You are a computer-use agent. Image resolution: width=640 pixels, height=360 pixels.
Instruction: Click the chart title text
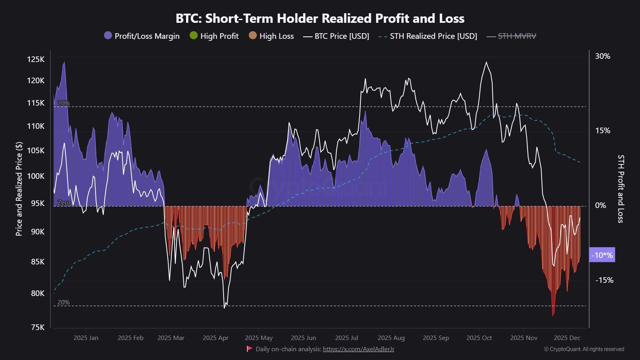pyautogui.click(x=320, y=18)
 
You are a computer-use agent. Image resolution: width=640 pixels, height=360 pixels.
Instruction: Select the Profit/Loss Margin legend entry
pyautogui.click(x=142, y=36)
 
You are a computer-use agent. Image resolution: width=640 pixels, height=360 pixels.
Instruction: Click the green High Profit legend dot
pyautogui.click(x=194, y=36)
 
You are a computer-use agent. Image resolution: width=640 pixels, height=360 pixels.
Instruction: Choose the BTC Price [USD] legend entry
pyautogui.click(x=336, y=36)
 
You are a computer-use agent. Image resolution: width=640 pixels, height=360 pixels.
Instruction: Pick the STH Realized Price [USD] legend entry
pyautogui.click(x=428, y=36)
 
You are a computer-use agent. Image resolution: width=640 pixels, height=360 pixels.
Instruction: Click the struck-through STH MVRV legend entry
pyautogui.click(x=512, y=36)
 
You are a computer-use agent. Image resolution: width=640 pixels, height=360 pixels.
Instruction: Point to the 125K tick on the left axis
pyautogui.click(x=36, y=59)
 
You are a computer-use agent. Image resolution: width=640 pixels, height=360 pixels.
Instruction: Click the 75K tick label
pyautogui.click(x=38, y=327)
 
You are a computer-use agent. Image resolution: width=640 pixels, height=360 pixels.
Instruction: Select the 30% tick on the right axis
pyautogui.click(x=602, y=56)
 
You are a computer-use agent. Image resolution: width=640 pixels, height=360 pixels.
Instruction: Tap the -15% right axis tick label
pyautogui.click(x=604, y=280)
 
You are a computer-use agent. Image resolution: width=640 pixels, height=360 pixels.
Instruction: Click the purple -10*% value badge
pyautogui.click(x=602, y=255)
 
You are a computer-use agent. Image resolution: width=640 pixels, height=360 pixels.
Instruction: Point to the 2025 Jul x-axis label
pyautogui.click(x=346, y=338)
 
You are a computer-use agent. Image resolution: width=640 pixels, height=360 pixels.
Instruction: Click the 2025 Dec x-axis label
pyautogui.click(x=567, y=338)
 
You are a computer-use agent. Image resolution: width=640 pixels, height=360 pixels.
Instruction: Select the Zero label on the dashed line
pyautogui.click(x=64, y=203)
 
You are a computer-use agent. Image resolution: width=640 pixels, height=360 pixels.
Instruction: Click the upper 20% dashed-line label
pyautogui.click(x=63, y=103)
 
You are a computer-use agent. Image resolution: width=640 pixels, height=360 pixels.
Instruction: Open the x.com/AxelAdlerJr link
pyautogui.click(x=358, y=349)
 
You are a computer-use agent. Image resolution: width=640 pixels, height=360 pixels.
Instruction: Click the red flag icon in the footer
pyautogui.click(x=250, y=349)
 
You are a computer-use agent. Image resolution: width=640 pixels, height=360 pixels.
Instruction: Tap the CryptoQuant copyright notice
pyautogui.click(x=584, y=349)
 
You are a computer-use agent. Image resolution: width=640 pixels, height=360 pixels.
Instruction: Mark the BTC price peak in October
pyautogui.click(x=486, y=62)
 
